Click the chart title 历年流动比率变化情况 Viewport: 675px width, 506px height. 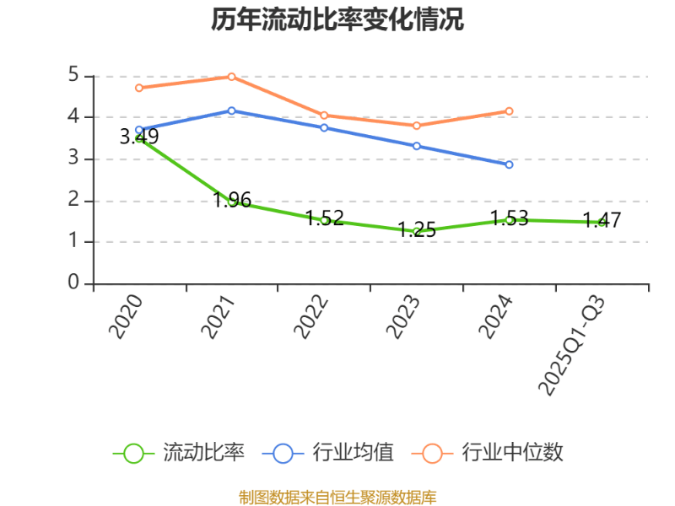337,19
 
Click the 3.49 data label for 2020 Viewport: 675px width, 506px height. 139,137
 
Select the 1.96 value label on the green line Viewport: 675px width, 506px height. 232,200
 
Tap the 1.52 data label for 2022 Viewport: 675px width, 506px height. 325,218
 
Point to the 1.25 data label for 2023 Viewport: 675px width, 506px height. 417,229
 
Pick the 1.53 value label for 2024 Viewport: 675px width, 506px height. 509,218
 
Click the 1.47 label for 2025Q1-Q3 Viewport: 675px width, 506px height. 602,221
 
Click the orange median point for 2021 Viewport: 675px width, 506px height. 232,77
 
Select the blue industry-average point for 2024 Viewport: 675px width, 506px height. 509,164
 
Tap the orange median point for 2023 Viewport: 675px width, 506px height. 417,126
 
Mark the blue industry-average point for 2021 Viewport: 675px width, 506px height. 232,110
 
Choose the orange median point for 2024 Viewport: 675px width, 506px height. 509,110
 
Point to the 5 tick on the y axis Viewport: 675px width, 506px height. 73,75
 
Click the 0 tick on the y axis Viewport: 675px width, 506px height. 73,283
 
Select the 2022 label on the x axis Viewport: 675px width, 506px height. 312,317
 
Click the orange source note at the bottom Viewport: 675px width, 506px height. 337,497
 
